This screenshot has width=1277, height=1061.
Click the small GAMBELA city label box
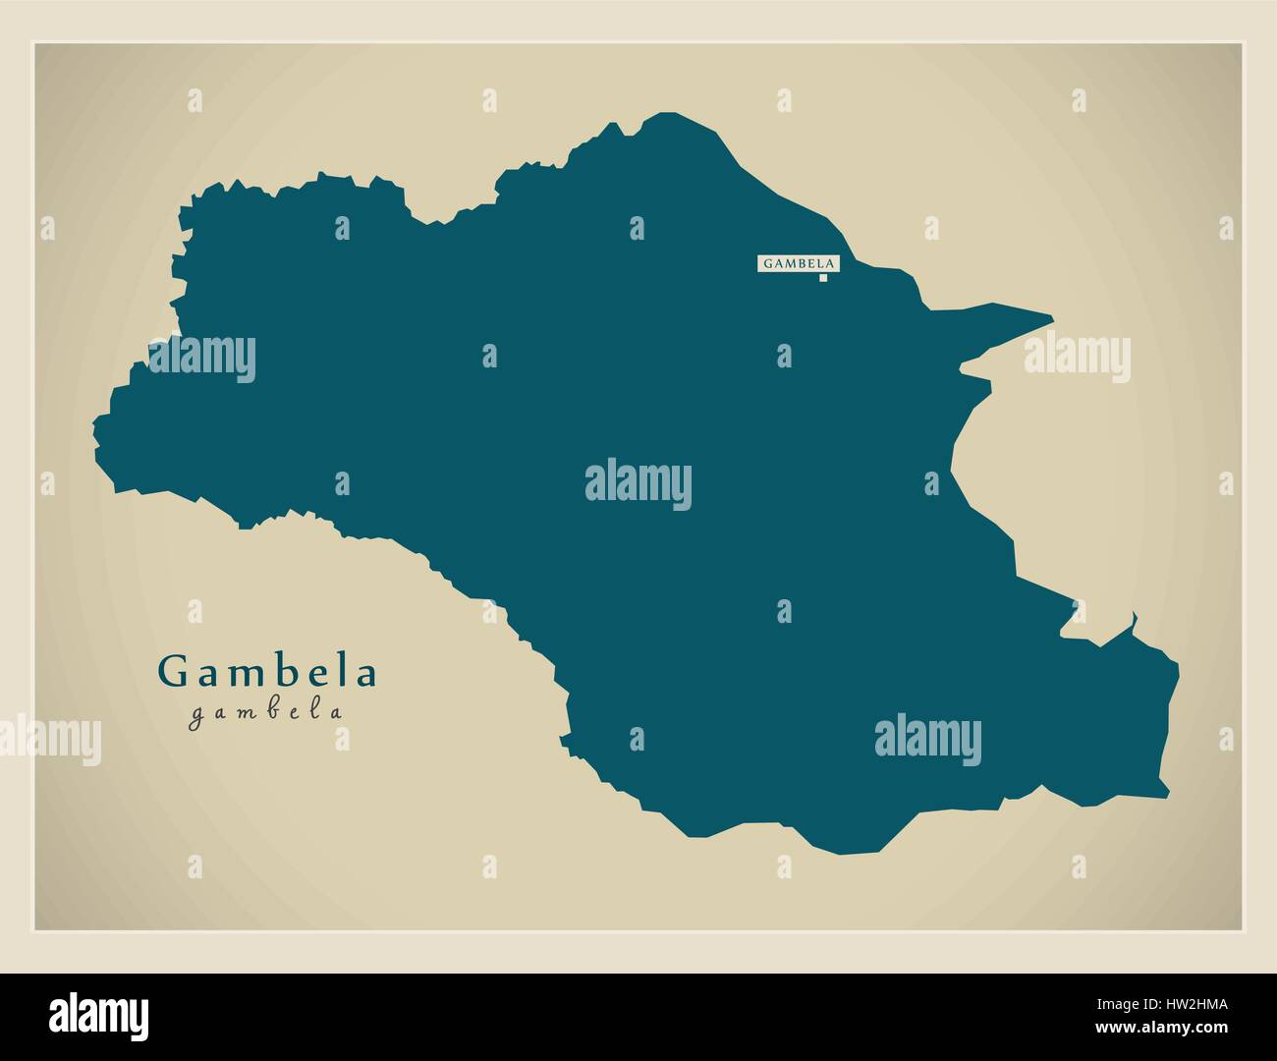point(798,263)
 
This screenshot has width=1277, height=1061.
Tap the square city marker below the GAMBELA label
point(823,278)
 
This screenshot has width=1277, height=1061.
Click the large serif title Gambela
point(267,673)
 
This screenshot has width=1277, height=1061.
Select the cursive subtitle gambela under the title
point(267,713)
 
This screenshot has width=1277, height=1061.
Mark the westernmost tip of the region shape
point(95,424)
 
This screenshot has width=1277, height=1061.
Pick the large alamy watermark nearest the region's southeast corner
point(926,739)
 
